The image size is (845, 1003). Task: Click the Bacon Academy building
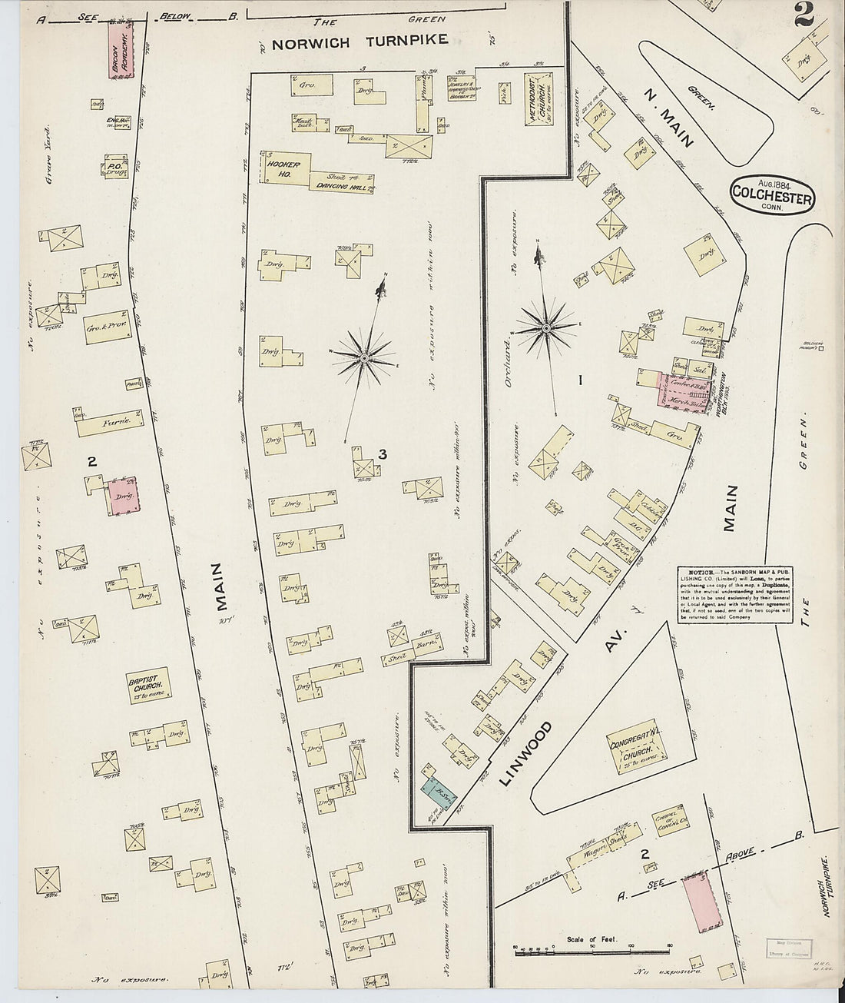[x=121, y=53]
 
